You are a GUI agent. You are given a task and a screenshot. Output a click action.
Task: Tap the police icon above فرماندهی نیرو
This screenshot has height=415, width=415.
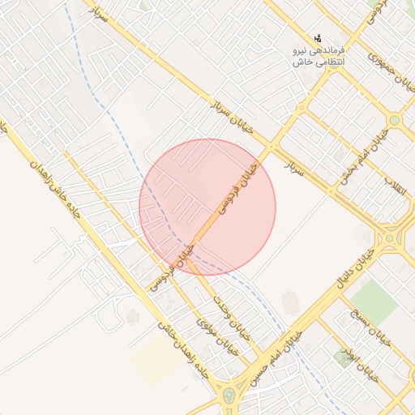tap(319, 37)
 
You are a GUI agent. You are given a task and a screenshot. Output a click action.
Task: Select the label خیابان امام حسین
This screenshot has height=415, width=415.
tap(279, 357)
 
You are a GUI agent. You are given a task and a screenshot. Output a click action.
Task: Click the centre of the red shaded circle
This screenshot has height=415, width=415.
tap(207, 207)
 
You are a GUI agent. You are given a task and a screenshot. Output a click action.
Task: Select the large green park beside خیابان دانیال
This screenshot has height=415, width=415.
tap(374, 299)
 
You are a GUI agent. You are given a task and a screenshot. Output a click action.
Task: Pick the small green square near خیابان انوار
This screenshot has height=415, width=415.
tap(344, 357)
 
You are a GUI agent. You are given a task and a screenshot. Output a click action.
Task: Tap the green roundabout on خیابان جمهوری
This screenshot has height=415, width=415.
tap(395, 120)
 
